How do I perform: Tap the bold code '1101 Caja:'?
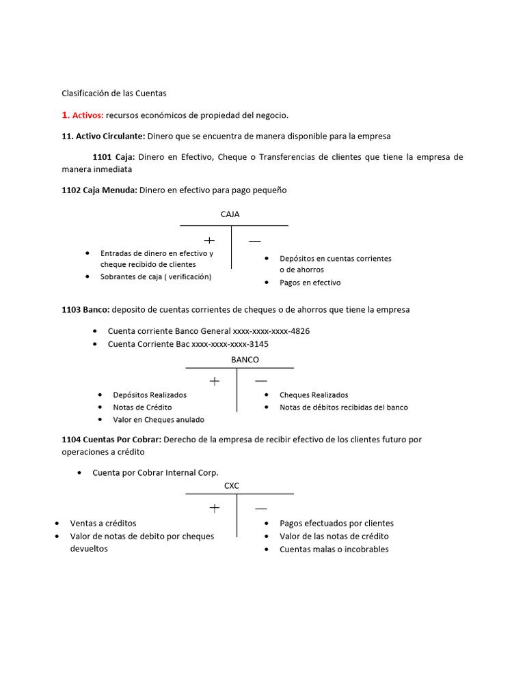[113, 157]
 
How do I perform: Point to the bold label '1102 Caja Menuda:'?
[99, 190]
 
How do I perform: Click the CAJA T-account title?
[230, 214]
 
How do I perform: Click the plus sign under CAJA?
[209, 240]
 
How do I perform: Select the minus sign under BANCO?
[260, 380]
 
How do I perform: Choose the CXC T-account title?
[232, 486]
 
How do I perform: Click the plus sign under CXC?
[215, 508]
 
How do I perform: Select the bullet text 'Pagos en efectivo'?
[310, 283]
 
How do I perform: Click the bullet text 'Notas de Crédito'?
[142, 408]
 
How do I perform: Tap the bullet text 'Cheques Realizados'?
[314, 395]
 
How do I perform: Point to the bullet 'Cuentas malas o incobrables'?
[334, 550]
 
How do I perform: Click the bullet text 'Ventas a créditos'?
[103, 524]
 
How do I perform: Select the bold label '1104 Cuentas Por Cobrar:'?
[111, 440]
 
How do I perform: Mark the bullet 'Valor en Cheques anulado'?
[158, 420]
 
